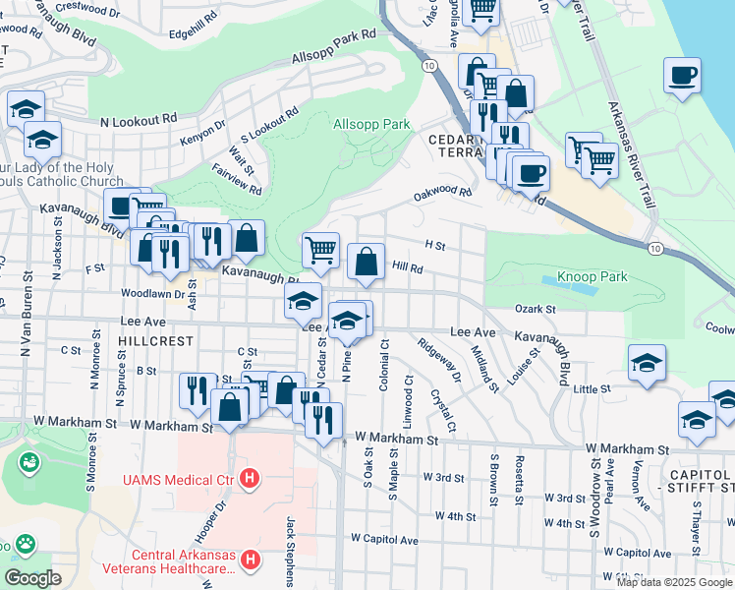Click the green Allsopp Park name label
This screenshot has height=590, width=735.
[371, 125]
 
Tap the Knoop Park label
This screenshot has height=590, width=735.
[592, 277]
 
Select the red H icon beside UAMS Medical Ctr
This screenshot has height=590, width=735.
[251, 480]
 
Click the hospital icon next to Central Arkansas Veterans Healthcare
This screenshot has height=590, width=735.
[251, 560]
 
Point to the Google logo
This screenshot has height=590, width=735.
[31, 578]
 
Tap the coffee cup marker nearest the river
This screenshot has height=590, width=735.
[682, 76]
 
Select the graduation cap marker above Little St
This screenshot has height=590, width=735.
[647, 363]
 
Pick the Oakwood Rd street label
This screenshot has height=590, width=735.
[443, 193]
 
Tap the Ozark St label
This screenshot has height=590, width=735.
[536, 309]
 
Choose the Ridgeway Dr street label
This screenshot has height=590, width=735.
[438, 360]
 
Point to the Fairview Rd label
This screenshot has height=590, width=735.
[237, 179]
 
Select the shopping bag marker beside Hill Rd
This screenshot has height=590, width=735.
[366, 262]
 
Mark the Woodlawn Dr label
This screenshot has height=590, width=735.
[152, 293]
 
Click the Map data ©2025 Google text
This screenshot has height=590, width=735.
[673, 582]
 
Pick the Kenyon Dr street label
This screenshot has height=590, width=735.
[202, 133]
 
